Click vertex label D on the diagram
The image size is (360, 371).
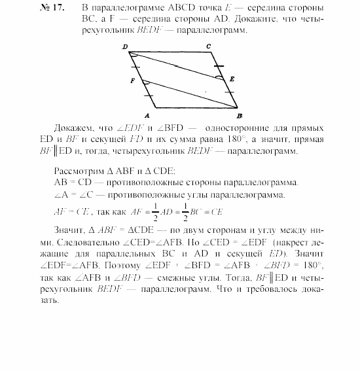(x=124, y=46)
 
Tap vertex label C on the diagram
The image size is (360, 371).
(x=207, y=46)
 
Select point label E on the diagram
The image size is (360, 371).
(x=230, y=78)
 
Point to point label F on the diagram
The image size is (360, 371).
(x=132, y=79)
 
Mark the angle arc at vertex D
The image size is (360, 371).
(x=134, y=55)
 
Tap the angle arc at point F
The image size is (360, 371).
(x=145, y=82)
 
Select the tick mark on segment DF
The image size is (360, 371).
(x=134, y=66)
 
